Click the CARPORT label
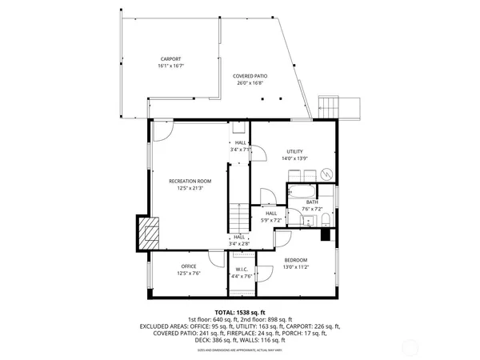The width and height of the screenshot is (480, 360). (x=170, y=58)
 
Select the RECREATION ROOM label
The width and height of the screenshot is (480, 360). (x=190, y=181)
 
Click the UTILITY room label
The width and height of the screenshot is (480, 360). (x=295, y=151)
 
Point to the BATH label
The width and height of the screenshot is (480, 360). (x=311, y=202)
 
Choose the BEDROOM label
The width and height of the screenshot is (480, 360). (x=295, y=260)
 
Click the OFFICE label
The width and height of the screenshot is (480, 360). (x=189, y=266)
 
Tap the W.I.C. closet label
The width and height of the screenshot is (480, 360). (x=241, y=269)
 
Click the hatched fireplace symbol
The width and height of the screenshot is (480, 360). (x=149, y=234)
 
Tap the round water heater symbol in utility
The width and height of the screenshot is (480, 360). (x=326, y=174)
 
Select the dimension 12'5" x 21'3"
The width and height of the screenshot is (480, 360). (x=190, y=188)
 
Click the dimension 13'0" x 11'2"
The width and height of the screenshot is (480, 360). (x=295, y=267)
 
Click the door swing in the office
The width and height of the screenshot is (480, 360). (x=216, y=257)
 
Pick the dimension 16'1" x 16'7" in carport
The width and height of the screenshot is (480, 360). (x=170, y=66)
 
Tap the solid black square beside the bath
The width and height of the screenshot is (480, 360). (x=326, y=235)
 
